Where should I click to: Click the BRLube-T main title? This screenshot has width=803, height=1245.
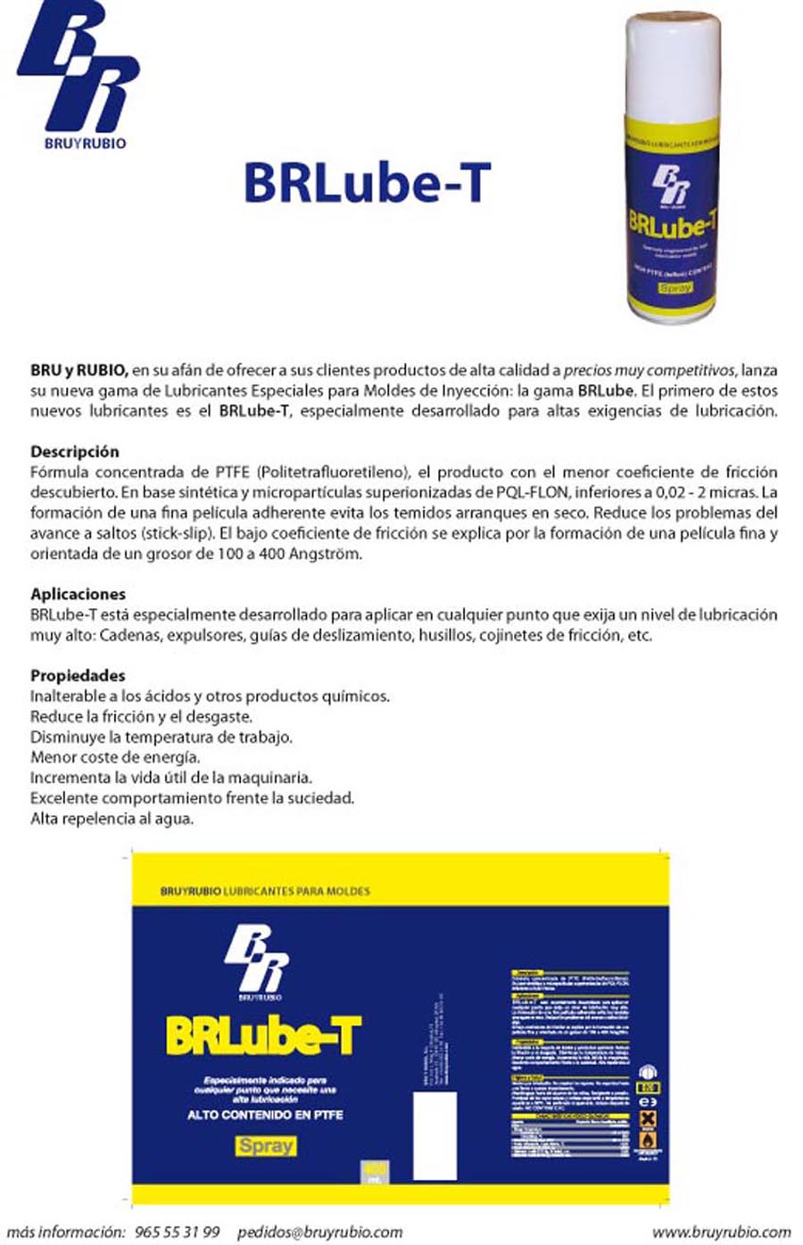click(x=367, y=181)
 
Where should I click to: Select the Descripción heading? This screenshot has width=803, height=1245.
click(x=74, y=451)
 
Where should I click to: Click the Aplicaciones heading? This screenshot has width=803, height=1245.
click(x=78, y=594)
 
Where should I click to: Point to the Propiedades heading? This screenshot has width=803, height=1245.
click(x=78, y=675)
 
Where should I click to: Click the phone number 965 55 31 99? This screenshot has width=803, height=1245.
click(x=177, y=1232)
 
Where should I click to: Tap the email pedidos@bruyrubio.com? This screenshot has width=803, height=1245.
click(x=319, y=1232)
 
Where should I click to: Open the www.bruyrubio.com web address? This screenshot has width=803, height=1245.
click(x=721, y=1232)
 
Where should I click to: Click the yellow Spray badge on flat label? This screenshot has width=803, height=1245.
click(x=266, y=1145)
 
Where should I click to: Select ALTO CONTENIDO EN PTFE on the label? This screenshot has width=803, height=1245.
click(x=265, y=1115)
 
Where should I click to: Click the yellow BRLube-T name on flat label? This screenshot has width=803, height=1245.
click(x=263, y=1036)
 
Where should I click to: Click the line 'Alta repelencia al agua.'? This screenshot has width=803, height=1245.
click(x=112, y=818)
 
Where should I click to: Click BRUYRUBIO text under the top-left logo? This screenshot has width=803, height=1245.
click(x=85, y=142)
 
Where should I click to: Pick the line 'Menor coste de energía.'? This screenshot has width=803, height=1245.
click(x=115, y=757)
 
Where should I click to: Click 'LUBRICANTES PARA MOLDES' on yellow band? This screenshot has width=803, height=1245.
click(x=296, y=891)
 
